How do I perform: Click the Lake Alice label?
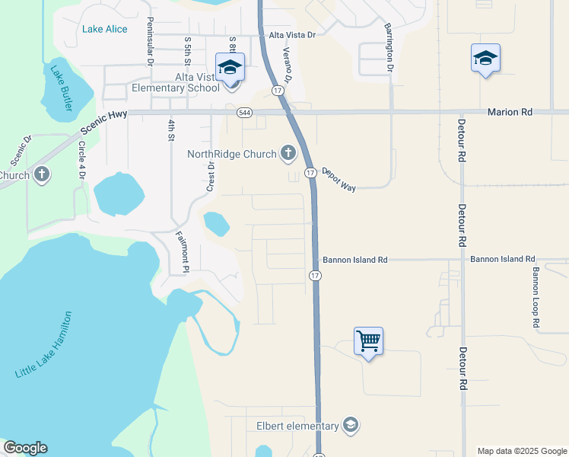tap(105, 29)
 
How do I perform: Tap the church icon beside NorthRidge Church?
tap(288, 154)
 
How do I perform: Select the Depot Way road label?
tap(339, 180)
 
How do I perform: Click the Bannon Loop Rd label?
tap(536, 297)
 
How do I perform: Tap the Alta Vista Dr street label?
tap(291, 35)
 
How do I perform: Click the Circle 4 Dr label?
tap(81, 159)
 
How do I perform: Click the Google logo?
tap(25, 448)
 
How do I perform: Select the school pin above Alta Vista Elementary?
tap(230, 67)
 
